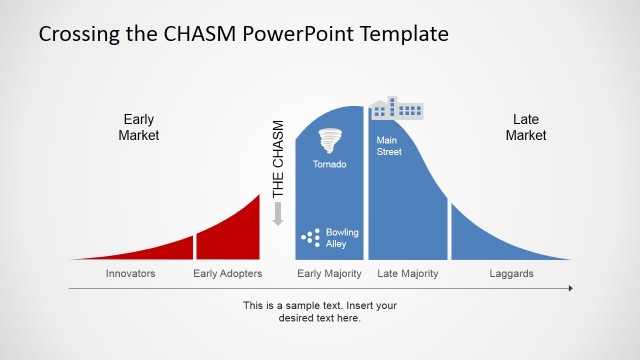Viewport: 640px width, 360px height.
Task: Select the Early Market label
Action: (139, 127)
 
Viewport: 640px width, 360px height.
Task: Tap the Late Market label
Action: (525, 127)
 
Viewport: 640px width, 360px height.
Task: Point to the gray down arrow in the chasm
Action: (278, 213)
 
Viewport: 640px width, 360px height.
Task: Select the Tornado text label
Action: (329, 164)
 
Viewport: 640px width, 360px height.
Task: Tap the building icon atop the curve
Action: (396, 108)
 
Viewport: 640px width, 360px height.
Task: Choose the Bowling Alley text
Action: (342, 238)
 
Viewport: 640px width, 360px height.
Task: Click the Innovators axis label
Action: (131, 273)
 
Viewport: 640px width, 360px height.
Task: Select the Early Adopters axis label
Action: (228, 273)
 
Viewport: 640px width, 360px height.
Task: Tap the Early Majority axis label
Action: (330, 273)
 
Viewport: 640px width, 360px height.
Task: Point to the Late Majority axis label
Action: (407, 273)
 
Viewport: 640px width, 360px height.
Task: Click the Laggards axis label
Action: (511, 273)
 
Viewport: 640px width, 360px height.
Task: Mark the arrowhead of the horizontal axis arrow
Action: (570, 288)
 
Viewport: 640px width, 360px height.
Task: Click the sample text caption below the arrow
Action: (320, 311)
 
